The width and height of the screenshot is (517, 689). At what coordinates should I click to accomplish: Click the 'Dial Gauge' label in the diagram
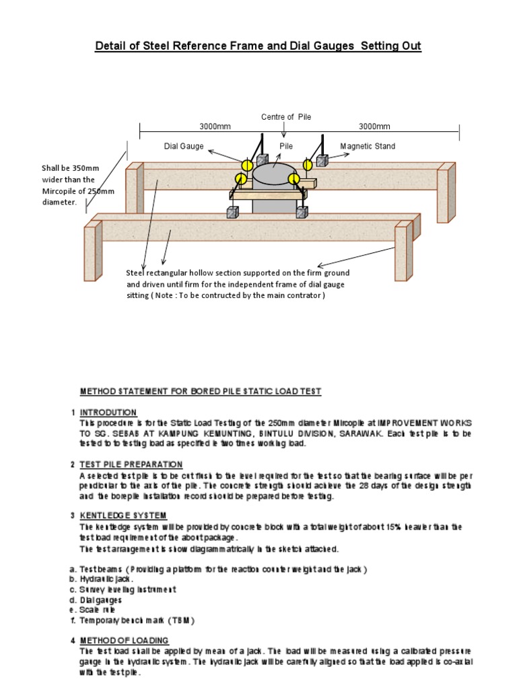coord(184,146)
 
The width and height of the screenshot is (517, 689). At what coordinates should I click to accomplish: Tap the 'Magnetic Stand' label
coord(368,146)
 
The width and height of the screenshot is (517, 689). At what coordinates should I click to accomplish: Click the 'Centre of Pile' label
coord(286,117)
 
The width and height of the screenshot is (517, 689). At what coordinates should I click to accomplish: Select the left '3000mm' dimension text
coord(215,126)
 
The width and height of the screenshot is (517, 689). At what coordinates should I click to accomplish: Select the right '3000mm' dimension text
coord(374,126)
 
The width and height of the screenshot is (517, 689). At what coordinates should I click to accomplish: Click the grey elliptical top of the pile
coord(277,173)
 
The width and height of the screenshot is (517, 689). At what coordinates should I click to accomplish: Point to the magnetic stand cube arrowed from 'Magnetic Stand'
coord(321,161)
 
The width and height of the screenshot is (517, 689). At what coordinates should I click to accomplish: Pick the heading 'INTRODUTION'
coord(108,412)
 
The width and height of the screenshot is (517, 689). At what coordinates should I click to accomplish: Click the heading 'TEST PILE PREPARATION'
coord(131,464)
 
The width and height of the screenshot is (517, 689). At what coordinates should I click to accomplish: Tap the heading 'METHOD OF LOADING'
coord(124,640)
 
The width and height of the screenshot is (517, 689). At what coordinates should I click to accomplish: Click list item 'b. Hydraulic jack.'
coord(102,579)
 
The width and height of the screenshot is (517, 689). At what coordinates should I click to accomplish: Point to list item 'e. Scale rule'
coord(94,609)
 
